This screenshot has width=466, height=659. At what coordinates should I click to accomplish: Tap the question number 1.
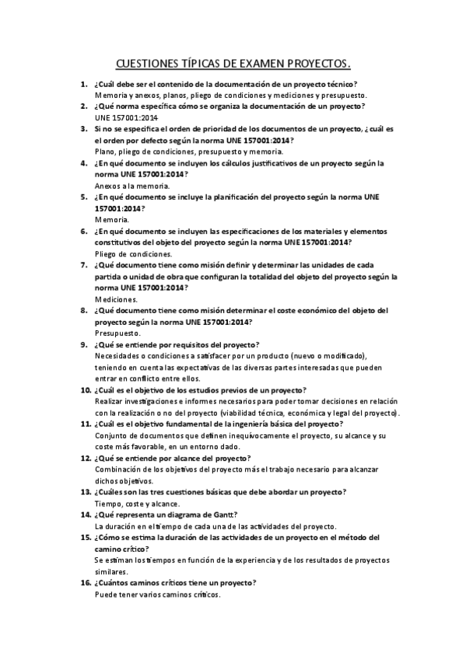point(84,83)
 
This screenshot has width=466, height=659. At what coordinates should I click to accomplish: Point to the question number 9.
point(84,344)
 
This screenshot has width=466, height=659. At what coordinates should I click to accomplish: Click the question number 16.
point(84,583)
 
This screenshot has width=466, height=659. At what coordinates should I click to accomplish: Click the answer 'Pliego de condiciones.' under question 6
point(133,253)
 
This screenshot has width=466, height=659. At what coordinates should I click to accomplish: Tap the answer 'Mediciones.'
point(116,298)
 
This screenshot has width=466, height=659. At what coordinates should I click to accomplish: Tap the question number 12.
point(84,459)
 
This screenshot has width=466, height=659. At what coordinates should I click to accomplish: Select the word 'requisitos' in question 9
point(185,344)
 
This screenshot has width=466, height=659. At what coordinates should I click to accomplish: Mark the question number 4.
point(84,164)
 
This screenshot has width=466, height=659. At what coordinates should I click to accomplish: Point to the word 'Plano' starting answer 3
point(105,152)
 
